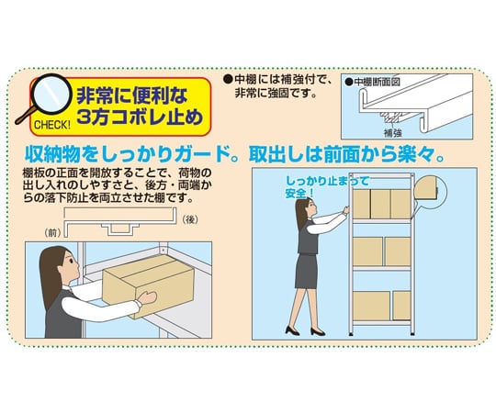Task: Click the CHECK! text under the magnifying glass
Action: (52, 125)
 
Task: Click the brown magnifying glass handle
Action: (26, 116)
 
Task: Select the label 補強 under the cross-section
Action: (392, 133)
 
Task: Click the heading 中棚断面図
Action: (378, 82)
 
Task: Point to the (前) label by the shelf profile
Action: (53, 233)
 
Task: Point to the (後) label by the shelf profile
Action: (190, 219)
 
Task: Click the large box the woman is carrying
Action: (149, 286)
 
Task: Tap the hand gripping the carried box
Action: (147, 298)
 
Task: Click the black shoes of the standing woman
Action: (305, 331)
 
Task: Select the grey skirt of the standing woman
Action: (306, 271)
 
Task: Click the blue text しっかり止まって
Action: (327, 182)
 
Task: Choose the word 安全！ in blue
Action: (299, 194)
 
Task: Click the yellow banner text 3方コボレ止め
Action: (140, 117)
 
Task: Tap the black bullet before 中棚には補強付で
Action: (227, 79)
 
